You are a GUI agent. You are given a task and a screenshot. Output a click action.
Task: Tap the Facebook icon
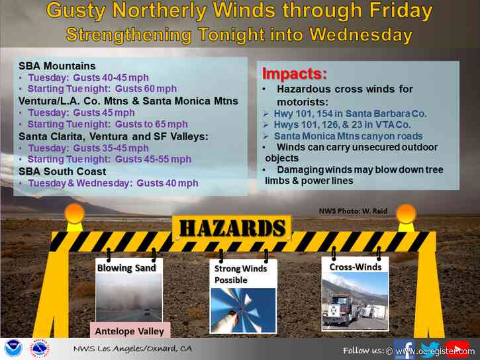point(405,349)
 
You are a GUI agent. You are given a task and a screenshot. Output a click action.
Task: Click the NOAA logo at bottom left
point(11,349)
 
